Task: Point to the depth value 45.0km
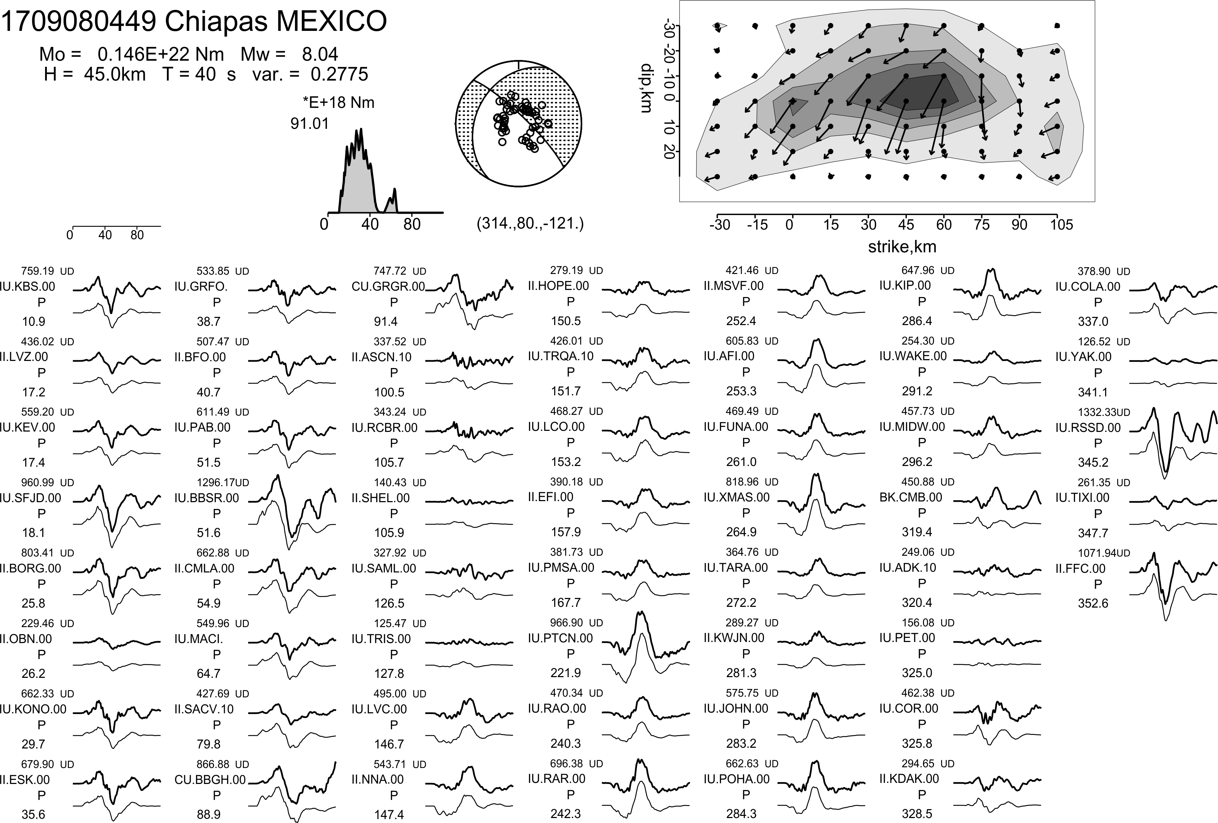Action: click(114, 75)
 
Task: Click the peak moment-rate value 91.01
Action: click(310, 124)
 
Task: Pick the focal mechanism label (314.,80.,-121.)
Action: click(530, 224)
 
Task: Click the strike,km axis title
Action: click(901, 247)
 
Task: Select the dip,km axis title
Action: click(646, 88)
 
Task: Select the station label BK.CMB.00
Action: click(910, 497)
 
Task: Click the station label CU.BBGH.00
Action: click(210, 779)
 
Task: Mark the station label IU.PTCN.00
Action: click(560, 638)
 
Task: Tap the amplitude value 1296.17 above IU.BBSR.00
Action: click(215, 483)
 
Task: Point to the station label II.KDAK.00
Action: click(909, 779)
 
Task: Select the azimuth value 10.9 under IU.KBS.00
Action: click(33, 322)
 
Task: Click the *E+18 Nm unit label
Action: click(339, 103)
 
